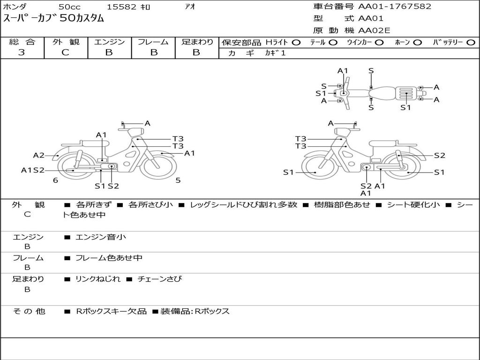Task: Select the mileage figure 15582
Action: (x=121, y=7)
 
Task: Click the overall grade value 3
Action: (x=22, y=52)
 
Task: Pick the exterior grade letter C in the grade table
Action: (x=65, y=52)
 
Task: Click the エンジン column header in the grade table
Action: (x=109, y=42)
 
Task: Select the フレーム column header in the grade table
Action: (x=153, y=42)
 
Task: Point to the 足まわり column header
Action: (x=197, y=42)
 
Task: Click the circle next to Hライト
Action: (x=296, y=42)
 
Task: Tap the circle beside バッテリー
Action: (x=471, y=42)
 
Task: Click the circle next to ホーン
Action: (x=417, y=42)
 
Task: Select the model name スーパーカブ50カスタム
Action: (x=53, y=19)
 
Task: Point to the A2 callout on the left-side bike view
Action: (x=38, y=155)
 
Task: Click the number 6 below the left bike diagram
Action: (x=55, y=180)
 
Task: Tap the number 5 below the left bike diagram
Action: (x=178, y=180)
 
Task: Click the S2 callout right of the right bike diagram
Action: (x=439, y=156)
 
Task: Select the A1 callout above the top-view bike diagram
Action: (x=343, y=71)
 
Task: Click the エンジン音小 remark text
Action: (x=101, y=237)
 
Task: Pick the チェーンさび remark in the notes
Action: (x=159, y=279)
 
